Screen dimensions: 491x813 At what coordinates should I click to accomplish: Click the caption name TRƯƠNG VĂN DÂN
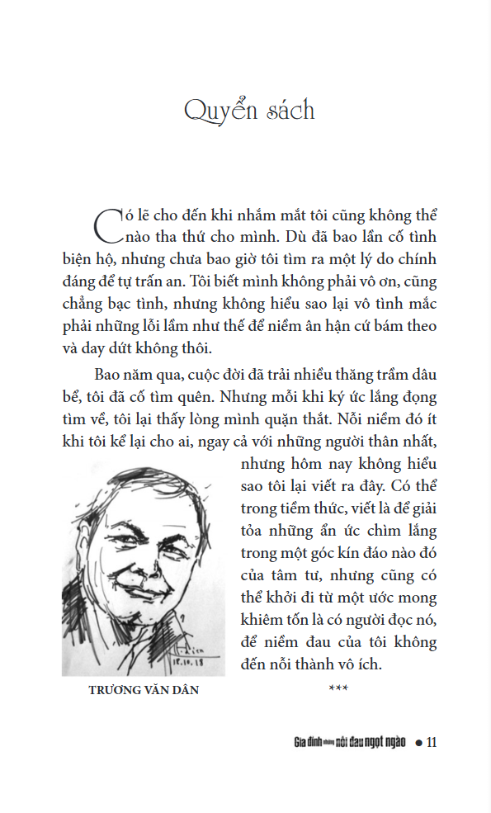[x=144, y=690]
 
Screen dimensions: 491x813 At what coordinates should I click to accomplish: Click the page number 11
[x=430, y=742]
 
